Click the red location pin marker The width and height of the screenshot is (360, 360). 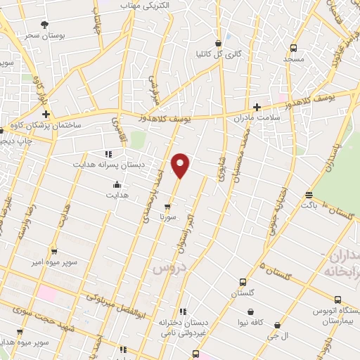(x=181, y=165)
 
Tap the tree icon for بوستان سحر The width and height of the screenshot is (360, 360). (x=45, y=25)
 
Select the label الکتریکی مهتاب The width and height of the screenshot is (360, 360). (x=149, y=6)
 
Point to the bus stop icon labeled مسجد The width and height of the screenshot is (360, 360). (x=293, y=49)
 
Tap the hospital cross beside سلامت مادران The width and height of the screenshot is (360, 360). (x=257, y=108)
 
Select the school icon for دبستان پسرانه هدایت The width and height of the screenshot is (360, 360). (x=108, y=153)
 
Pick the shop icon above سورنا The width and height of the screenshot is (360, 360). (x=167, y=207)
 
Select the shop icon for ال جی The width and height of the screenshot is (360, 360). (x=277, y=326)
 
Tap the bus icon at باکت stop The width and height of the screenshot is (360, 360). (x=309, y=195)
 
